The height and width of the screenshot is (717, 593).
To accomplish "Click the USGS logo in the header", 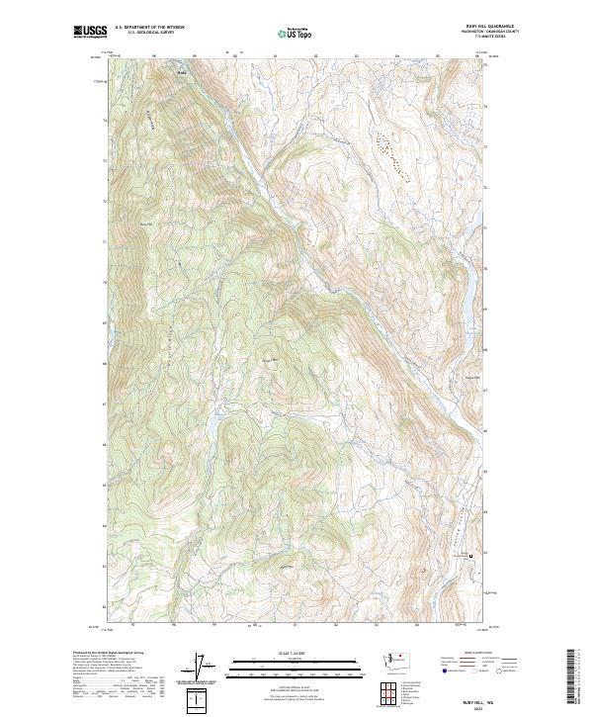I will click(x=90, y=32).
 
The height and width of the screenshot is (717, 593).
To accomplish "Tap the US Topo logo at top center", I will click(x=297, y=33).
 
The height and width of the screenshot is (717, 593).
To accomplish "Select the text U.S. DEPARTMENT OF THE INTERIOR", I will click(x=149, y=28).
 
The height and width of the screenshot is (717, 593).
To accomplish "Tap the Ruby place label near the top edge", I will click(x=180, y=71).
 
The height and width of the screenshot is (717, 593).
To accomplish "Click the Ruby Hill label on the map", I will click(x=149, y=224).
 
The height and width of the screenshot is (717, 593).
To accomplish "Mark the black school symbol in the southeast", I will click(x=470, y=555).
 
